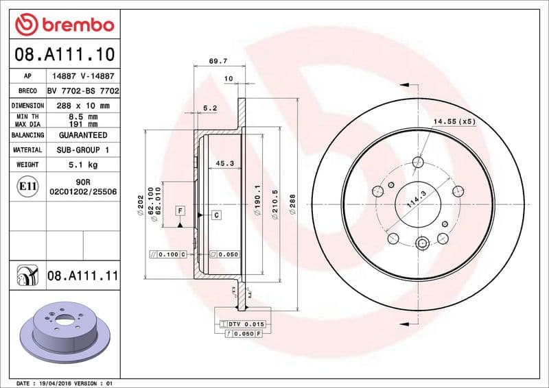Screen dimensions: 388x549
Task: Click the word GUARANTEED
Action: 83,135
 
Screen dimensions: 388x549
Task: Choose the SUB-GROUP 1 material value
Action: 83,149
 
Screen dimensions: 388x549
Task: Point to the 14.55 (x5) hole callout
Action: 454,121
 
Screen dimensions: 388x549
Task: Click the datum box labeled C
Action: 215,215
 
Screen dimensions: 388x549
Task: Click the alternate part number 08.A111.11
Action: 83,276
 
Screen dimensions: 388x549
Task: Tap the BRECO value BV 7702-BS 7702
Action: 83,90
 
